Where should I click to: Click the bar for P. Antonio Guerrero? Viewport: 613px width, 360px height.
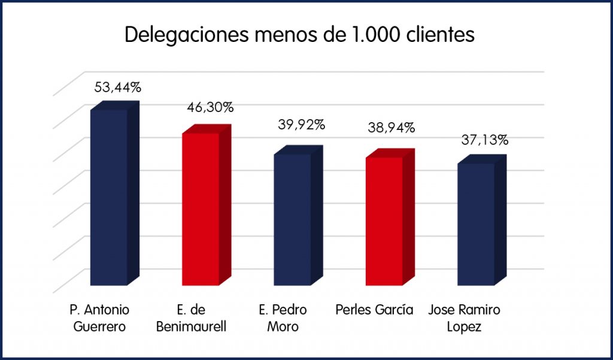[109, 198]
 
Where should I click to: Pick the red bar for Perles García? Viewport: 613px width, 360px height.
[384, 221]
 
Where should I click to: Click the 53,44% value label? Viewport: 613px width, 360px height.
[118, 87]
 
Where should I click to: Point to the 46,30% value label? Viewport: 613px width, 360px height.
[210, 108]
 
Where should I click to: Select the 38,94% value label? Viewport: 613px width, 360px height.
[393, 128]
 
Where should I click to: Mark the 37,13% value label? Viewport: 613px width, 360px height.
[485, 141]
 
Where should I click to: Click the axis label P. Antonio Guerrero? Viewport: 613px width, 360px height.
[99, 319]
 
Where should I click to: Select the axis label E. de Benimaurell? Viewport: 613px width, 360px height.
[192, 319]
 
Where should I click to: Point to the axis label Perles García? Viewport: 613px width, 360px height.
[375, 310]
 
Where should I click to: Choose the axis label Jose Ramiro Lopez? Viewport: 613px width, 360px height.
[465, 319]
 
